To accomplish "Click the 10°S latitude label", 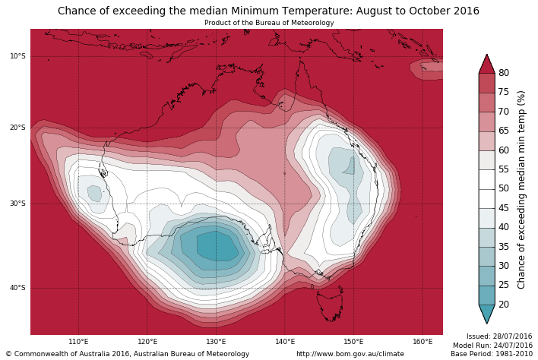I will click(17, 56).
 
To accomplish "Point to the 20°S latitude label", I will click(17, 128).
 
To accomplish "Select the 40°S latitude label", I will click(17, 288).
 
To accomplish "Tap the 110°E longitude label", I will click(78, 342).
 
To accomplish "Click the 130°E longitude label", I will click(216, 342).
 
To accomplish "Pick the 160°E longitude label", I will click(422, 342).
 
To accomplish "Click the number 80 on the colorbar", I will click(503, 73).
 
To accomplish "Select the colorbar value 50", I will click(503, 188).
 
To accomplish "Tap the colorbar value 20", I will click(503, 305).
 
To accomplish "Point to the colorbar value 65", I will click(503, 131).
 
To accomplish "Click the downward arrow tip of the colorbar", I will click(486, 322).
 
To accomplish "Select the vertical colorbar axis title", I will click(521, 189).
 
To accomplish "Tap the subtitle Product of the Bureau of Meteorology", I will click(269, 23).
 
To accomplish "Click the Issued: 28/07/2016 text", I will click(499, 336).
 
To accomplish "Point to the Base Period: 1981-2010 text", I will click(492, 354).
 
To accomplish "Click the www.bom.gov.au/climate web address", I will click(350, 354).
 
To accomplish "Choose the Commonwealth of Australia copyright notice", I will click(128, 354).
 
